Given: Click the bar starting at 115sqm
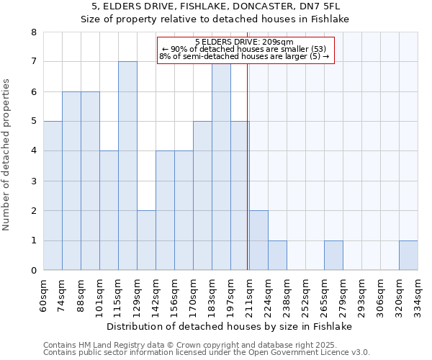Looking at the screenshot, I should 127,166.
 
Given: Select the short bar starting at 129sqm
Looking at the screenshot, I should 146,240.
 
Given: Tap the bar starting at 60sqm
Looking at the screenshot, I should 53,196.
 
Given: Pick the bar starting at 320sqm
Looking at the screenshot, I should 408,256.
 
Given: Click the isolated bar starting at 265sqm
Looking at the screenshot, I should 333,256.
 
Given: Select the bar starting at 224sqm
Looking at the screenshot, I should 277,256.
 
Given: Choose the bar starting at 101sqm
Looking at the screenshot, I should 109,210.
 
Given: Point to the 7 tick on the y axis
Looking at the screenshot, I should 33,62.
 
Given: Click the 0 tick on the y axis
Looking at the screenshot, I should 33,271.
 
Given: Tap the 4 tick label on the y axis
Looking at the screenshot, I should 33,151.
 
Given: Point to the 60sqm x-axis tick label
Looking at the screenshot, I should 44,294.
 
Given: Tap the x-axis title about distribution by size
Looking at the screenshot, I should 233,326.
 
